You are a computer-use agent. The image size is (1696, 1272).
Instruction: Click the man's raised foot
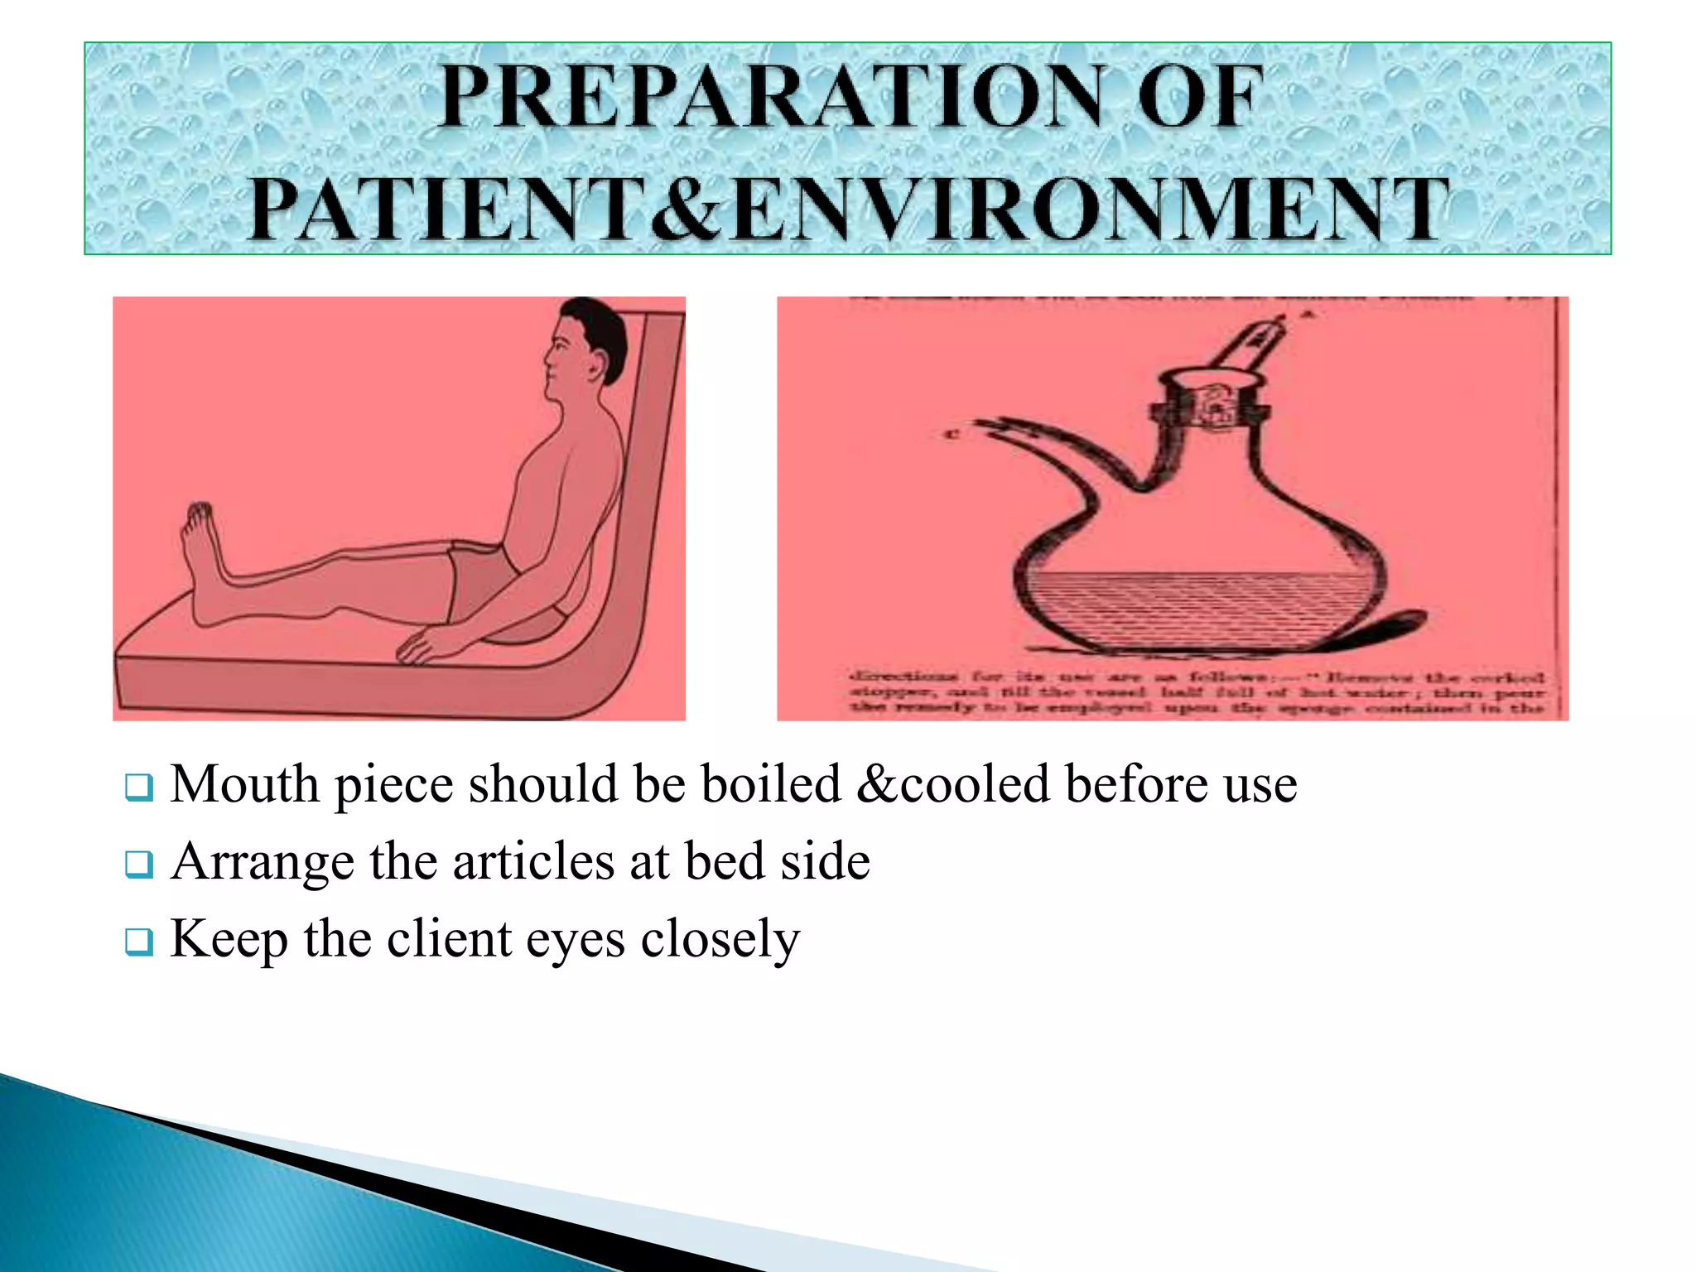(x=201, y=547)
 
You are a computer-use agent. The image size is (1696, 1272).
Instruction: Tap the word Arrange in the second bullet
(x=263, y=863)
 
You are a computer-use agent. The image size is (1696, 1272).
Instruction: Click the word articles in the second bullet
(x=534, y=861)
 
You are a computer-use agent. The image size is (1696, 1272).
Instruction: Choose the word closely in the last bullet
(x=720, y=941)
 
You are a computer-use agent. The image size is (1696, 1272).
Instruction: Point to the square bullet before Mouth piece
(x=138, y=787)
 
